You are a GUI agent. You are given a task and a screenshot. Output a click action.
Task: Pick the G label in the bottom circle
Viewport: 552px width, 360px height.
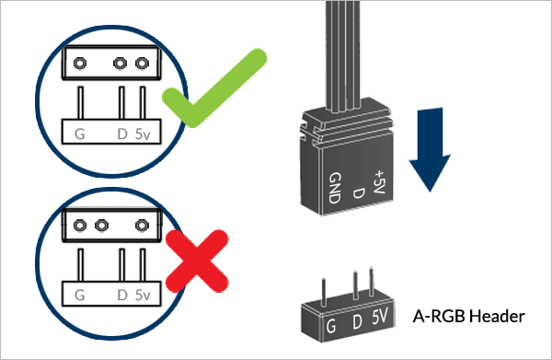[80, 296]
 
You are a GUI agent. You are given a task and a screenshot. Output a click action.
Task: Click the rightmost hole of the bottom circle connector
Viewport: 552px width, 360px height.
[142, 226]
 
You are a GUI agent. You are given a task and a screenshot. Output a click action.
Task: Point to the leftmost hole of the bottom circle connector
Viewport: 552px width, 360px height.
[79, 226]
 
